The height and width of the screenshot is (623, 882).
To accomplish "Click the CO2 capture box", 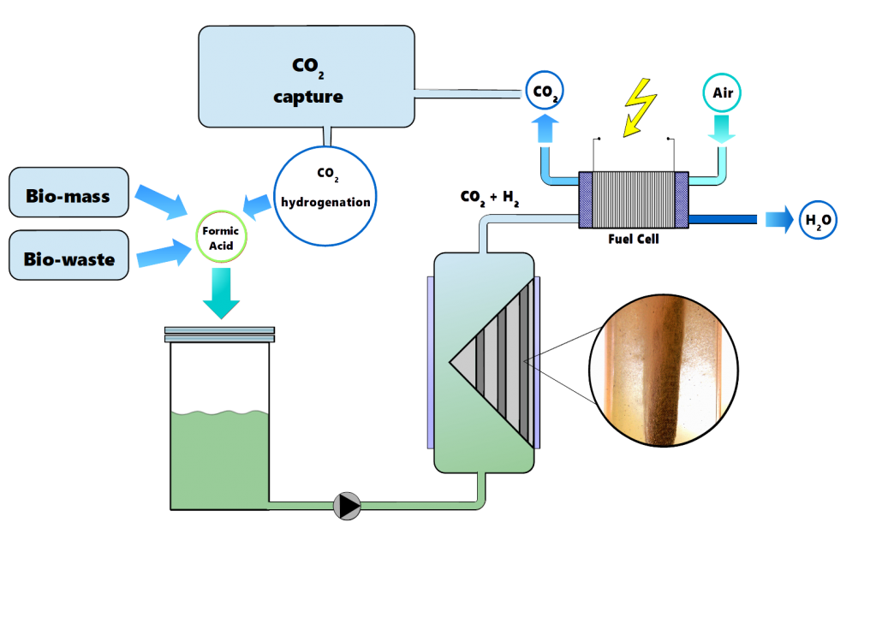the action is tap(307, 76).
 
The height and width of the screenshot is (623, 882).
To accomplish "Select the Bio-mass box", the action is tap(69, 193).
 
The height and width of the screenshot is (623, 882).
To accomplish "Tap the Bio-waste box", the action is tap(69, 255).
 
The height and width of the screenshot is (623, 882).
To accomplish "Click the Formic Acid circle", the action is tap(221, 237).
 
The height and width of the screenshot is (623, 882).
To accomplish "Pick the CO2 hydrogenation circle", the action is tap(325, 196).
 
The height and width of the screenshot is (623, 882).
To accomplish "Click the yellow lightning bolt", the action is tap(641, 107).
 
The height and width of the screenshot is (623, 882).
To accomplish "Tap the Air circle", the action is tap(722, 92).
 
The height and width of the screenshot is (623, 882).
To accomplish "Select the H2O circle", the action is tap(818, 220).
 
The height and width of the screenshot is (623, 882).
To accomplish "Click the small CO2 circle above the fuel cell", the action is tap(544, 90).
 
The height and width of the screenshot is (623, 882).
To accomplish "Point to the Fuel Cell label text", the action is tap(634, 239).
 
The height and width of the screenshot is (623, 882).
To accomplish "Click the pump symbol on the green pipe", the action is tap(347, 506).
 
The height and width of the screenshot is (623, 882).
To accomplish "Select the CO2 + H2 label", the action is tap(489, 198).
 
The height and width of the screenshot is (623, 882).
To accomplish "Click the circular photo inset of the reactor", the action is tap(664, 371).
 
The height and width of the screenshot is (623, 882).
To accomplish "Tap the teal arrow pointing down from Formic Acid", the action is tap(222, 294).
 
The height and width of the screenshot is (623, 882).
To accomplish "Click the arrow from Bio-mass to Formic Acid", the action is tap(162, 201).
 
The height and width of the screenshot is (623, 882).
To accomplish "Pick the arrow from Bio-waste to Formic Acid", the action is tap(164, 253).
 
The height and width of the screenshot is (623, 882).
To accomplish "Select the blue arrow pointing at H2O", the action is tap(779, 219).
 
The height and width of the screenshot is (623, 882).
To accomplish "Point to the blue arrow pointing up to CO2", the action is tap(545, 128).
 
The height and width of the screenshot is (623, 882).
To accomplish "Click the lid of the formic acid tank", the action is tap(219, 335).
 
